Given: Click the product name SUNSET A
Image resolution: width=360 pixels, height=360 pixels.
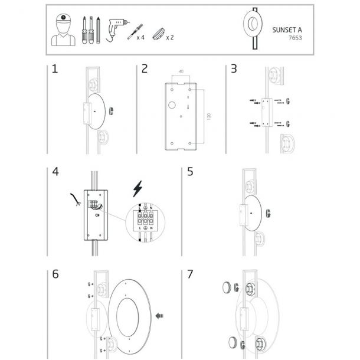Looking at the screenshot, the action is click(287, 30).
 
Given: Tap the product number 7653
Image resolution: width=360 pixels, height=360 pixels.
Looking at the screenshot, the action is click(295, 38).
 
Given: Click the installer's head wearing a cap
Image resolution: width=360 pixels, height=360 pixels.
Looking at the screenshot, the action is click(63, 23).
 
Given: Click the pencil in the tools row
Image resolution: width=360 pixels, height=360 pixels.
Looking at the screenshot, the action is click(99, 30).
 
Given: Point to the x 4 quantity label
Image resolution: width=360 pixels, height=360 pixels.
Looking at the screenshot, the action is click(140, 37).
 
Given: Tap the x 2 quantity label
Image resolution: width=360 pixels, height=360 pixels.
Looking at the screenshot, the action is click(170, 37).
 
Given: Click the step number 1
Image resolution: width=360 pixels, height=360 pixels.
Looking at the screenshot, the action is click(55, 69).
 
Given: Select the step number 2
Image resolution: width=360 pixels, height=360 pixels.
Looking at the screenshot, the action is click(145, 69).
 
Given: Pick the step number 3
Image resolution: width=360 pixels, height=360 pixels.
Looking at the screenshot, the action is click(234, 69).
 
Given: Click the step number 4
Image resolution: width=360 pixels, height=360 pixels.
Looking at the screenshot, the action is click(55, 172).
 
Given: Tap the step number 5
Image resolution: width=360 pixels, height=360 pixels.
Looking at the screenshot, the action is click(190, 172).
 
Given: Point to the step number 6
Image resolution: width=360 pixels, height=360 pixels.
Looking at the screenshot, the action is click(55, 274).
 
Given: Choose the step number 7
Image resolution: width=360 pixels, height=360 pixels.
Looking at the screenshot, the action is click(190, 274).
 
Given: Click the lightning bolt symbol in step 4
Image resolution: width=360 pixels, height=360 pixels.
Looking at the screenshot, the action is click(138, 189).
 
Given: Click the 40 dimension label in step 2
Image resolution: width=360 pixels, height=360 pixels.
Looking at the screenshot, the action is click(181, 71).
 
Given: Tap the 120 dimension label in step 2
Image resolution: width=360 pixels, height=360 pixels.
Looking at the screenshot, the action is click(209, 116).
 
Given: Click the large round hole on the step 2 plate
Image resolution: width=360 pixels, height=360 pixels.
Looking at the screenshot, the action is click(172, 105).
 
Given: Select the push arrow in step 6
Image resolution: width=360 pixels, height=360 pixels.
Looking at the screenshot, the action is click(159, 316).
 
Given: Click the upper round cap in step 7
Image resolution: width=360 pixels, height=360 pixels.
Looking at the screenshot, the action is click(227, 287).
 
